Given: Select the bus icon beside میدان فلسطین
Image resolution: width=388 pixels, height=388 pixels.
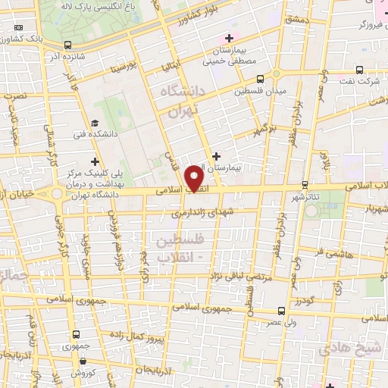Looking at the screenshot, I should point(261,79).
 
